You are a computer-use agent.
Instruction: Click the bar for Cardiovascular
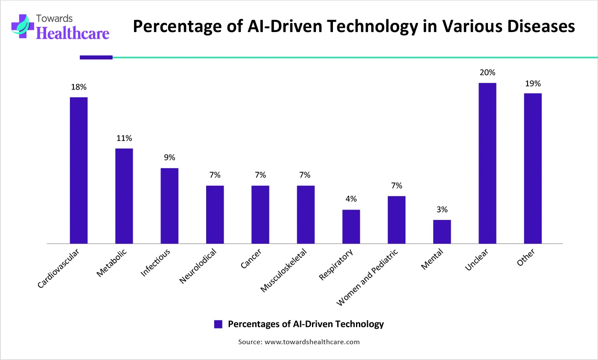79,170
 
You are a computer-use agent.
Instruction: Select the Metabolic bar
124,196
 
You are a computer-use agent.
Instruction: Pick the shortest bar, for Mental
442,232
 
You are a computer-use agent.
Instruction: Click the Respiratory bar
351,227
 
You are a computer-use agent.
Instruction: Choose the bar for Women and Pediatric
397,220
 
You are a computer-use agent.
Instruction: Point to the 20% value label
487,73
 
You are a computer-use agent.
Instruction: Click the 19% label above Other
533,84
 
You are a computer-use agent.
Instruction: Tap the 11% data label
124,138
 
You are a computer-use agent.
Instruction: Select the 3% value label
442,210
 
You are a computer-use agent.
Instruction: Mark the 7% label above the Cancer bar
260,175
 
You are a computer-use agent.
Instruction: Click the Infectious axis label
155,263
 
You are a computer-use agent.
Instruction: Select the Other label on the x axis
526,258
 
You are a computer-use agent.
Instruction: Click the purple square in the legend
218,324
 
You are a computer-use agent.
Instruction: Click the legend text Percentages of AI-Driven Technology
306,324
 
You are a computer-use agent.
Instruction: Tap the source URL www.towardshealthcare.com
312,342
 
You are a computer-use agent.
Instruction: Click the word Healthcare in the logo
73,33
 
